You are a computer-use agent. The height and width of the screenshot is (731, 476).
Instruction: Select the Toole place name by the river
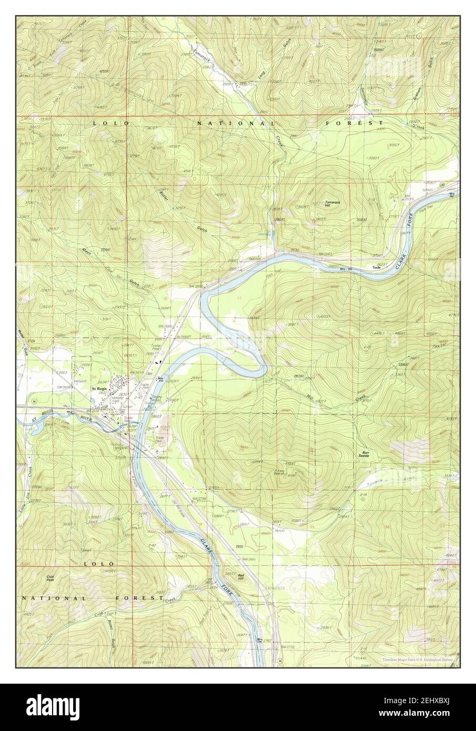coord(376,268)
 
